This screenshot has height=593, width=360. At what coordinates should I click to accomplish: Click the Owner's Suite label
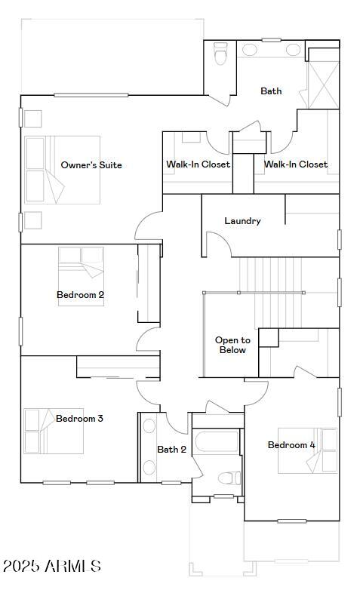[91, 165]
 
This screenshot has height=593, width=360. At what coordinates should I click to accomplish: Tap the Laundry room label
[242, 221]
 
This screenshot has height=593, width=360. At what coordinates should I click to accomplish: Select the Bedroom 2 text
[80, 295]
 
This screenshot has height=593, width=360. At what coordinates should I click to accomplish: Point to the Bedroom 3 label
[79, 419]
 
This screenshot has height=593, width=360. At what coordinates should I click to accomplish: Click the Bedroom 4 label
[291, 445]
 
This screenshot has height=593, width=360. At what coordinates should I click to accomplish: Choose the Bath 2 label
[171, 450]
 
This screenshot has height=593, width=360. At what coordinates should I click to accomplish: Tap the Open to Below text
[232, 345]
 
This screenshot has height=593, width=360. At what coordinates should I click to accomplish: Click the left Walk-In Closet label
[198, 164]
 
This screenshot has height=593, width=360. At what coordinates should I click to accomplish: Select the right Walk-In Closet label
[295, 164]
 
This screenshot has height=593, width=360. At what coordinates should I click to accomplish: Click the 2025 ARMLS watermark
[51, 566]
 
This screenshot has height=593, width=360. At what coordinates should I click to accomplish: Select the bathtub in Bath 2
[217, 445]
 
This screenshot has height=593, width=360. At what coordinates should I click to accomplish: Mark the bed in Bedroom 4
[308, 450]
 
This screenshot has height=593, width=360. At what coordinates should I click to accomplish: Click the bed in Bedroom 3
[53, 432]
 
